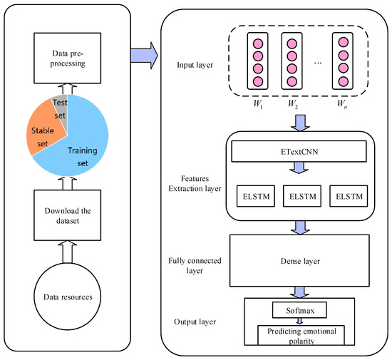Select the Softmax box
click(x=295, y=309)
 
